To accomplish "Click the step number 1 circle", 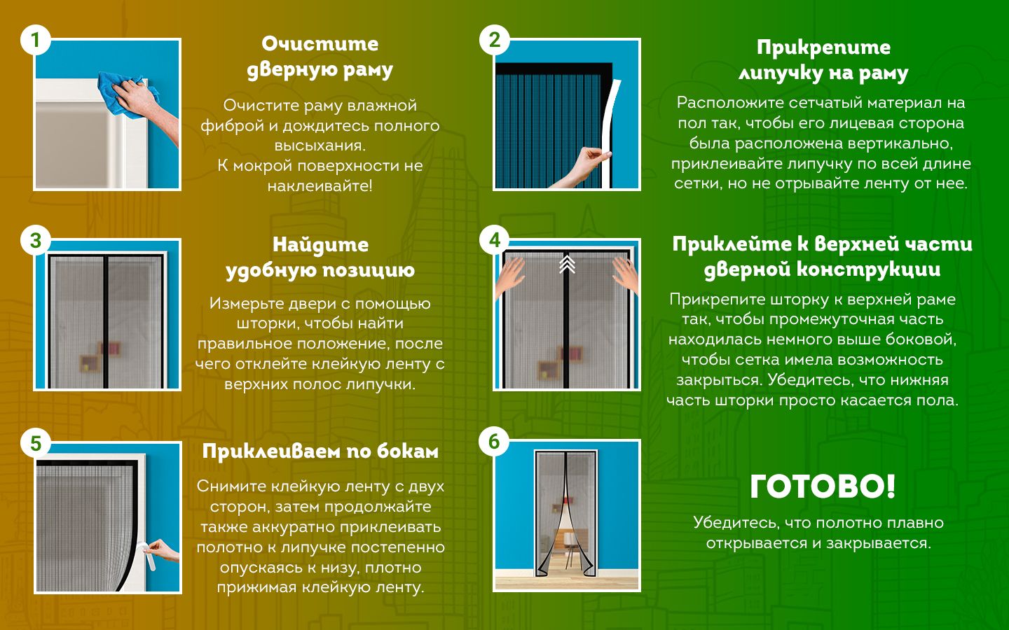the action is (x=36, y=40).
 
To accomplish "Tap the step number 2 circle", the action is (x=495, y=40).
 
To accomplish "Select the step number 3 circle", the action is (x=36, y=240).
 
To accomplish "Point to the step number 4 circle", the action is (x=495, y=240).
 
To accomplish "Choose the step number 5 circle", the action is (x=36, y=443).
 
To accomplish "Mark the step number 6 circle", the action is (x=495, y=442).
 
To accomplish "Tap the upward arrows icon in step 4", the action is (x=567, y=264).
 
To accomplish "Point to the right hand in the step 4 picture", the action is (x=625, y=275).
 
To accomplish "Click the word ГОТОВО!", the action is (x=823, y=486).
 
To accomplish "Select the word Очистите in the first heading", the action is (x=320, y=44).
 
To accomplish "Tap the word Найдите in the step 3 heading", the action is (x=320, y=245).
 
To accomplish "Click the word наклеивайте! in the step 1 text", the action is (x=320, y=185).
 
